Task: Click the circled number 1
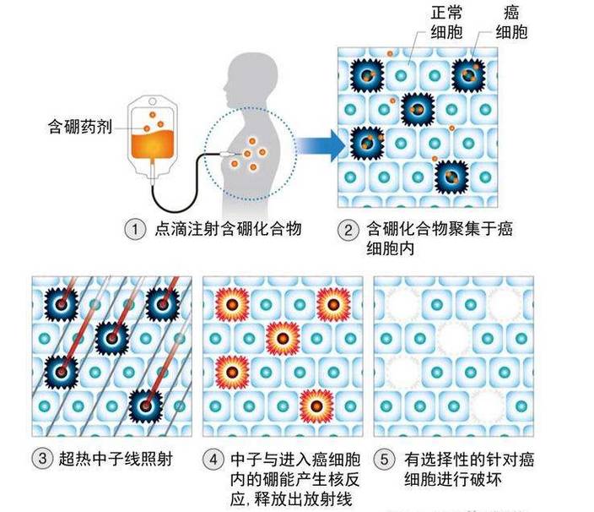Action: [132, 229]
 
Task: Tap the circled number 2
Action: [348, 229]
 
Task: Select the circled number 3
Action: [40, 460]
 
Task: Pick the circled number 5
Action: [385, 460]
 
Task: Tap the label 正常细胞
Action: [424, 24]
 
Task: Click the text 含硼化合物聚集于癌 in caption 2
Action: [440, 229]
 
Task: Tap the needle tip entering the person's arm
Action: [228, 155]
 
